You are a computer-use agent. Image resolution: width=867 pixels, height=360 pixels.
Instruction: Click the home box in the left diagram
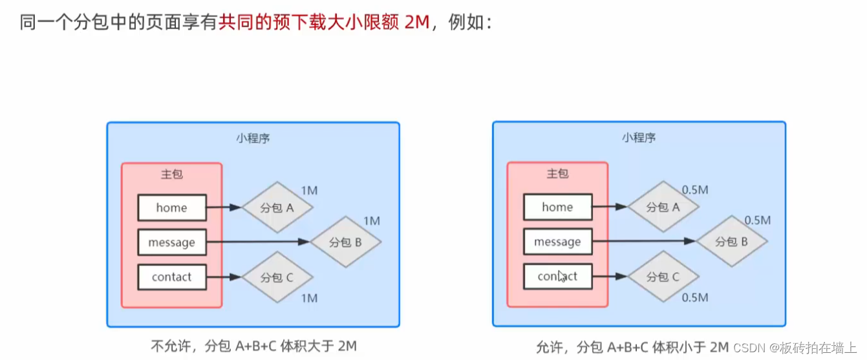(x=171, y=207)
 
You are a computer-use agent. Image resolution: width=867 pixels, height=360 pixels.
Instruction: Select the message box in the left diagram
(x=171, y=242)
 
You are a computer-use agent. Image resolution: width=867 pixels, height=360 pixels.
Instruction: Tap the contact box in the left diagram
(x=171, y=277)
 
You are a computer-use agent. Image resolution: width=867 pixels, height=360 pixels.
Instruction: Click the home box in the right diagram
(x=557, y=207)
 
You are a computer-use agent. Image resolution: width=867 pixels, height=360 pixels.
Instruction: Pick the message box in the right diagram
(x=557, y=242)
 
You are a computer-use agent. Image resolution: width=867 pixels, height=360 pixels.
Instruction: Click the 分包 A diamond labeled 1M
(x=277, y=207)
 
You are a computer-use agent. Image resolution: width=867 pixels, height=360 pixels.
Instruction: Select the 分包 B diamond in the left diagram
(x=345, y=242)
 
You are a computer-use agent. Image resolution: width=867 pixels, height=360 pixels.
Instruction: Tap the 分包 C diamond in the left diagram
(x=277, y=277)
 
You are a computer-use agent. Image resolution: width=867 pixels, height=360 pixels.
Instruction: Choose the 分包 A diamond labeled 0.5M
(x=663, y=207)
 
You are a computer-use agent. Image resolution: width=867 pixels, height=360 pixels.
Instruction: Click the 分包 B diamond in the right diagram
(x=731, y=242)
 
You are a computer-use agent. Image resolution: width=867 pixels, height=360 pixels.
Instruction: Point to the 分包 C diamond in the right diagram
(x=663, y=277)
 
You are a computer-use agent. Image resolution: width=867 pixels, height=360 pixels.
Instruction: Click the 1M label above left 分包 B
(x=372, y=221)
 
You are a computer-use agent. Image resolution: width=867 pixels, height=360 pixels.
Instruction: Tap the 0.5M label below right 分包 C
(x=695, y=297)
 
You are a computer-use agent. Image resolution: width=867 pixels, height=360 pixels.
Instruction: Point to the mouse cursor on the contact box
(x=562, y=277)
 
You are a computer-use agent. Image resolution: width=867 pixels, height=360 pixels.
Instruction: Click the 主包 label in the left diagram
(x=171, y=175)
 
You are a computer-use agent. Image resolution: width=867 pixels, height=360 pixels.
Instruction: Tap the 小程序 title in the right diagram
(x=639, y=138)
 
